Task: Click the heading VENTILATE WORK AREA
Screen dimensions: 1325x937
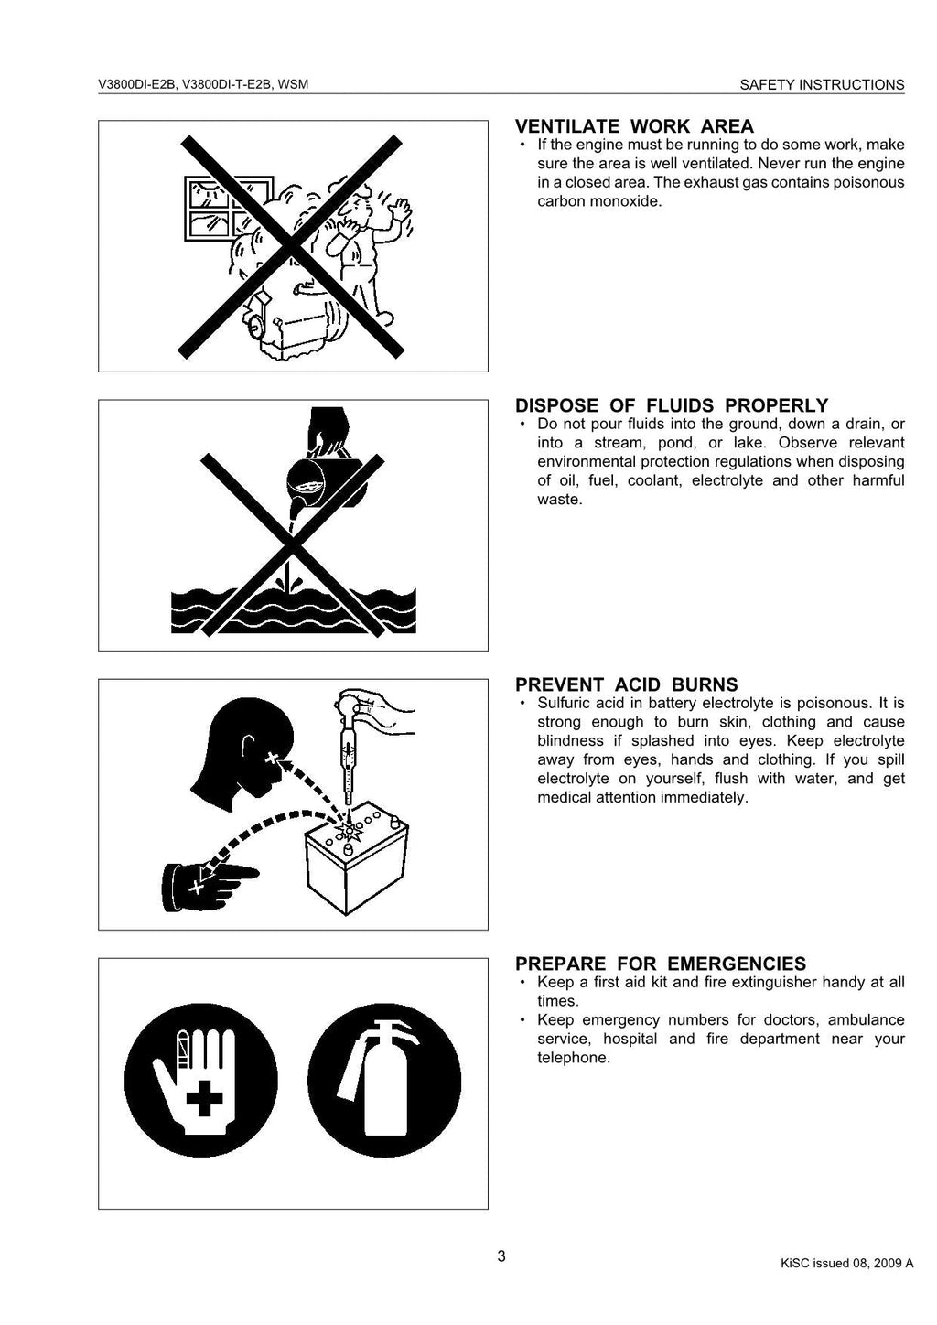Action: (634, 126)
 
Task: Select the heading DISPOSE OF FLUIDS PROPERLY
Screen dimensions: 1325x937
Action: (672, 405)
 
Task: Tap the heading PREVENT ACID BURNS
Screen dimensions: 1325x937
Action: (626, 684)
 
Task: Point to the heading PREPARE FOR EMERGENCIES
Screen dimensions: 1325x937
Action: (660, 964)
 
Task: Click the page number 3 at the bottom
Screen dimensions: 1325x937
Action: (501, 1256)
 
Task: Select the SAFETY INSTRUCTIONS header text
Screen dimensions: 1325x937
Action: (822, 85)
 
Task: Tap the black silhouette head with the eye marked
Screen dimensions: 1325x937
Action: (247, 754)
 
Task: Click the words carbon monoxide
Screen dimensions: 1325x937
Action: (598, 201)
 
